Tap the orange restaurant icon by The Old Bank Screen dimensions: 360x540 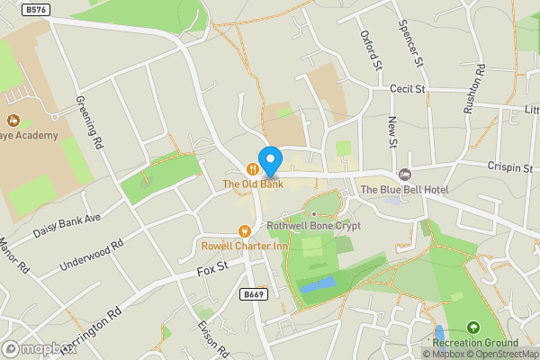(254, 167)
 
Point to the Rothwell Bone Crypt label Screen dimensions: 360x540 (314, 226)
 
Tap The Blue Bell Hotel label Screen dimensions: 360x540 (404, 189)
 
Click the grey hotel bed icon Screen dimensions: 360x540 (404, 174)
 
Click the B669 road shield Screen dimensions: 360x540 (255, 294)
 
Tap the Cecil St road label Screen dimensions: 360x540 (408, 89)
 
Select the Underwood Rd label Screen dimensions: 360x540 (90, 256)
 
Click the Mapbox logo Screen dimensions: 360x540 (38, 348)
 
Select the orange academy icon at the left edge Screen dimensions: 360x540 (13, 120)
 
